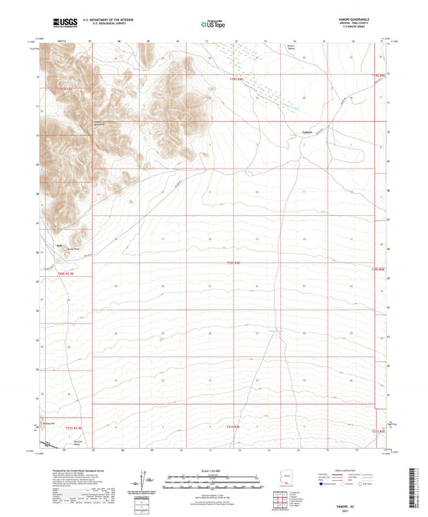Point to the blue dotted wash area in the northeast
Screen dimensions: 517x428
[x=265, y=76]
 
